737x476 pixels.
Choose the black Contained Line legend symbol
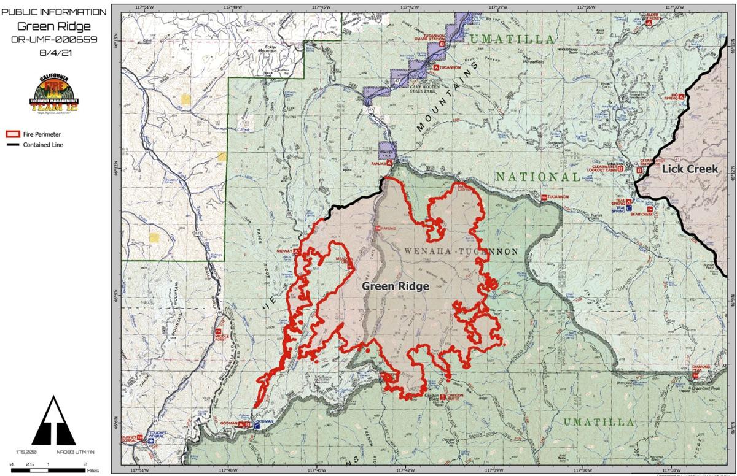pyautogui.click(x=13, y=145)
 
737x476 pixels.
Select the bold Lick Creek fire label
pyautogui.click(x=690, y=169)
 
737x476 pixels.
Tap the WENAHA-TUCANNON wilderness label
pyautogui.click(x=461, y=252)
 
